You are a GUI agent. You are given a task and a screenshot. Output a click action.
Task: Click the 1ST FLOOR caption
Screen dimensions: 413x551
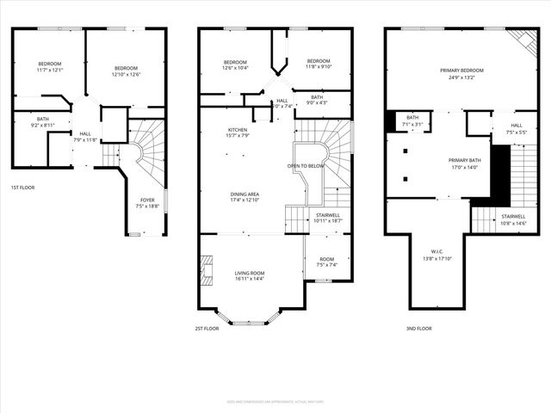coord(23,188)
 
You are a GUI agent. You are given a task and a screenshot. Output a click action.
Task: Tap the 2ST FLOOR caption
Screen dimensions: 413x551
coord(207,328)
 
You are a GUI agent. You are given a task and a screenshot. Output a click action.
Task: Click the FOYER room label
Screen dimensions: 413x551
coord(147,200)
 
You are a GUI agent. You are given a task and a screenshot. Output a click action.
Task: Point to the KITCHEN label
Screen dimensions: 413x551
coord(214,130)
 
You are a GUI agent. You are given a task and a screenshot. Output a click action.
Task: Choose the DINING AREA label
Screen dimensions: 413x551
coord(245,194)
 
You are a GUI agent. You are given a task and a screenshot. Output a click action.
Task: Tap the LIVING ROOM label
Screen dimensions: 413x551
coord(251,273)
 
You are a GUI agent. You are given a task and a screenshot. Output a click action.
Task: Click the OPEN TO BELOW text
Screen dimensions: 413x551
coord(304,164)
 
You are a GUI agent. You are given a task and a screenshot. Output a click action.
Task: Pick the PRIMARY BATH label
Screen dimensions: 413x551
coord(462,161)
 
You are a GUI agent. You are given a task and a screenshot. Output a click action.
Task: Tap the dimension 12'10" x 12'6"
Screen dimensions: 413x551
coord(126,74)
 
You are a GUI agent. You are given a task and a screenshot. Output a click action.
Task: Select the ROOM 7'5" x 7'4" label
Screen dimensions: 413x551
coord(326,262)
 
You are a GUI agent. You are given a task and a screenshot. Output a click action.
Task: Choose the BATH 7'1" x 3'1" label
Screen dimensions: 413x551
coord(412,120)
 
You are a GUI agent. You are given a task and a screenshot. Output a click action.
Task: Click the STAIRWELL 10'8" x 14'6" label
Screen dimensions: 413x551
coord(513,219)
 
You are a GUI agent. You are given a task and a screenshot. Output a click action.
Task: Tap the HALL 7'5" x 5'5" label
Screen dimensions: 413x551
coord(517,129)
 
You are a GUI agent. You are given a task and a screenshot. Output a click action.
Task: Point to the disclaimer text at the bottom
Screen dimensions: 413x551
coord(275,401)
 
